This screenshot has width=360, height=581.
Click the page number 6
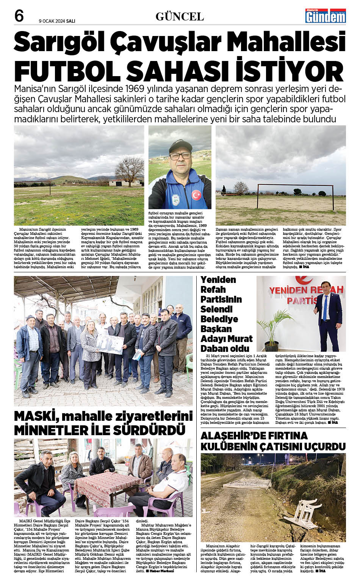pyautogui.click(x=19, y=16)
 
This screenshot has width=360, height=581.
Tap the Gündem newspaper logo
pyautogui.click(x=326, y=16)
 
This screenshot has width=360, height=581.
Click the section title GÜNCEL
pyautogui.click(x=180, y=16)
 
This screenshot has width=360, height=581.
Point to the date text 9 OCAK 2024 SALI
pyautogui.click(x=57, y=21)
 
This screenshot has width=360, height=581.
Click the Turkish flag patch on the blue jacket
pyautogui.click(x=196, y=195)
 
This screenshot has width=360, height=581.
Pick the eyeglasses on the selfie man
pyautogui.click(x=180, y=156)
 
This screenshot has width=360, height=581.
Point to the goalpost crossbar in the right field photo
pyautogui.click(x=296, y=185)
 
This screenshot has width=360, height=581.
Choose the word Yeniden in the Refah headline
pyautogui.click(x=218, y=280)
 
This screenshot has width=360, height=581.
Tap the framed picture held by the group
pyautogui.click(x=110, y=342)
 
